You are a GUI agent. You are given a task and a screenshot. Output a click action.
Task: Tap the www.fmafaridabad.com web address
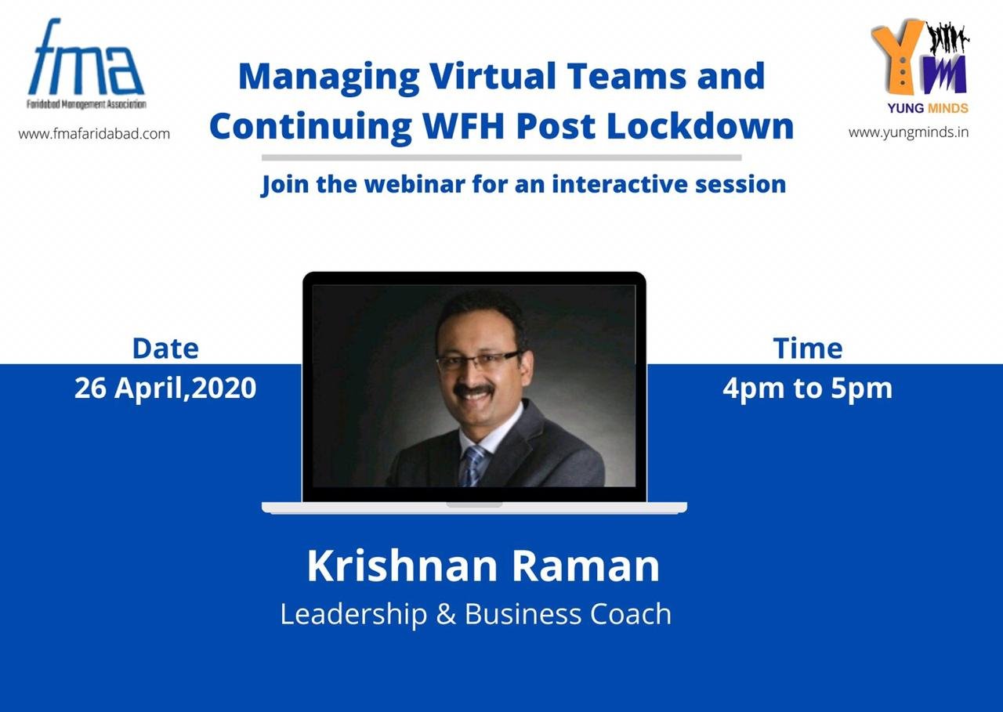[x=94, y=134]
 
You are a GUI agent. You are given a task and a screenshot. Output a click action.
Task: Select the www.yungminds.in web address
[x=908, y=133]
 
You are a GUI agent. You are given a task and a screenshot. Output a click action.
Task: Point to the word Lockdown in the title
[x=701, y=126]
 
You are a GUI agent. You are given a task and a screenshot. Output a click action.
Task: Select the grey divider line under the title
[x=501, y=157]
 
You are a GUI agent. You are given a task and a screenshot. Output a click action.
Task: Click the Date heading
[x=165, y=349]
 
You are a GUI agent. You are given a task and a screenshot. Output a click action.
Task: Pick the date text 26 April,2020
[x=165, y=388]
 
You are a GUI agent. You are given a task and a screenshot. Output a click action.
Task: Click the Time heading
[x=808, y=349]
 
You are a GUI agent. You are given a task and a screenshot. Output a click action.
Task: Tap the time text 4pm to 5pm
[x=807, y=389]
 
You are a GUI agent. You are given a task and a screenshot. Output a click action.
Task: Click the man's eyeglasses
[x=477, y=360]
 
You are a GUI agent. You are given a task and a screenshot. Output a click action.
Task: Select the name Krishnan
[x=402, y=566]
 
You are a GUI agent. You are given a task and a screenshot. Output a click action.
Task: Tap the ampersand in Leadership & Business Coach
[x=446, y=614]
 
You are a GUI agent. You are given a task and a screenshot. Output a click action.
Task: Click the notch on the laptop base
[x=474, y=504]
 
